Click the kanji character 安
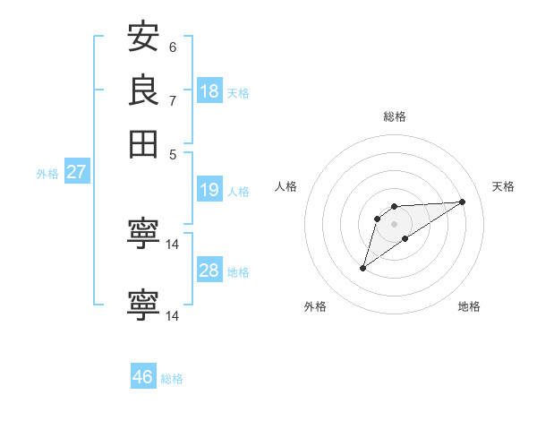(144, 38)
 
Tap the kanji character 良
(144, 90)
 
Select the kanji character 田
(144, 142)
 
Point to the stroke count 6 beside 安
(173, 47)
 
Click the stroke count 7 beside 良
(173, 99)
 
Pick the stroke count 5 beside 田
(173, 153)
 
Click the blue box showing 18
(209, 90)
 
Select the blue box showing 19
(209, 190)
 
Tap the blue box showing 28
(209, 271)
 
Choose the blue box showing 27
(76, 172)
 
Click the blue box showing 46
(143, 377)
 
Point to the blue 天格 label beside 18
(238, 93)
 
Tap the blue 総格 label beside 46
(172, 379)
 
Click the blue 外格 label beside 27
(47, 174)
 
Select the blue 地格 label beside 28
(238, 272)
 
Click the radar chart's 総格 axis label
(395, 116)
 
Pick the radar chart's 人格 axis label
(286, 186)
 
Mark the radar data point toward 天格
(463, 202)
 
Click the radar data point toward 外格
(363, 268)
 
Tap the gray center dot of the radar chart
(395, 223)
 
